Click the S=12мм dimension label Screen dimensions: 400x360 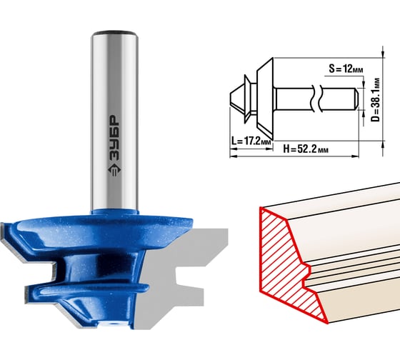346,69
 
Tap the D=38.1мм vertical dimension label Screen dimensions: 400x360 376,100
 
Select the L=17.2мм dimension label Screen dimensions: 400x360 251,141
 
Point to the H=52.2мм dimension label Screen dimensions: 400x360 306,149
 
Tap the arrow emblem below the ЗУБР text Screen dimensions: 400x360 114,171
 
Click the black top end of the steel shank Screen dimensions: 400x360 114,33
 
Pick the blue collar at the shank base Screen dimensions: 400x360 114,211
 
